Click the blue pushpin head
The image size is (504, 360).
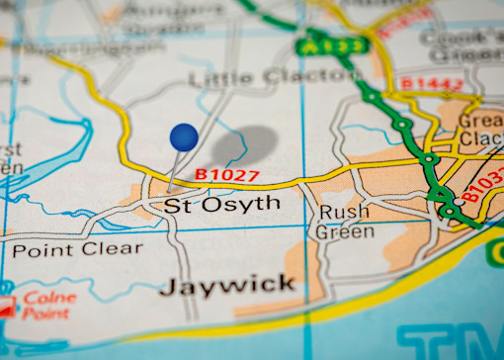(184, 137)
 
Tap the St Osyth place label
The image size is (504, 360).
(221, 205)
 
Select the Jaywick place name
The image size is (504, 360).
(227, 286)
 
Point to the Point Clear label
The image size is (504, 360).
(77, 249)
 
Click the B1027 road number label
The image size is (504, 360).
(226, 175)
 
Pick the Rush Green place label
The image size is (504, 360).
(344, 222)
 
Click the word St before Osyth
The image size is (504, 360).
(175, 206)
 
